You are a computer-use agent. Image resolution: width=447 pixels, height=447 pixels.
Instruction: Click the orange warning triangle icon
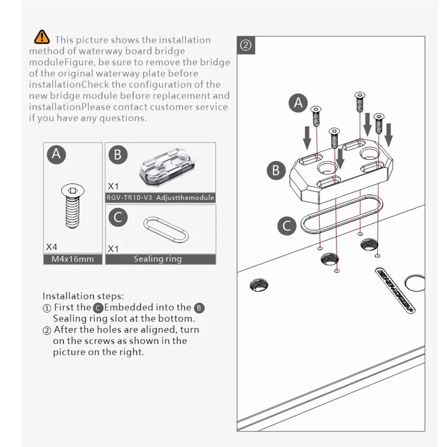coord(42,37)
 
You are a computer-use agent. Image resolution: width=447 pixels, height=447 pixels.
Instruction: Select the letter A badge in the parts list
coord(56,154)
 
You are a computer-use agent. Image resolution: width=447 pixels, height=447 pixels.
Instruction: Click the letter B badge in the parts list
coord(117,154)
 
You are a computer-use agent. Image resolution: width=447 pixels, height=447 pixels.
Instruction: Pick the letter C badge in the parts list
coord(117,217)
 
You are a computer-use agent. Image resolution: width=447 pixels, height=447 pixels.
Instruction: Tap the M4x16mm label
coord(73,259)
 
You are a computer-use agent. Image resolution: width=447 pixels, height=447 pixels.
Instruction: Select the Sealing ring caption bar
coord(160,259)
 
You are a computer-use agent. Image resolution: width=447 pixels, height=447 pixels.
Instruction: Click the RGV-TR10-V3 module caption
coord(160,198)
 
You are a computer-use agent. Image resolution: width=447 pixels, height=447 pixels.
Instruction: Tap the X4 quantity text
coord(52,246)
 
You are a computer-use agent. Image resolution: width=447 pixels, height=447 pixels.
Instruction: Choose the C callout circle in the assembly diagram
coord(287,226)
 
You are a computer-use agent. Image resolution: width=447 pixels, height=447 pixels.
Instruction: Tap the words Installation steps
coord(84,296)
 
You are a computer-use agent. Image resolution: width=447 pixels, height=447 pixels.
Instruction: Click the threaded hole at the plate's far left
coord(259,284)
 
